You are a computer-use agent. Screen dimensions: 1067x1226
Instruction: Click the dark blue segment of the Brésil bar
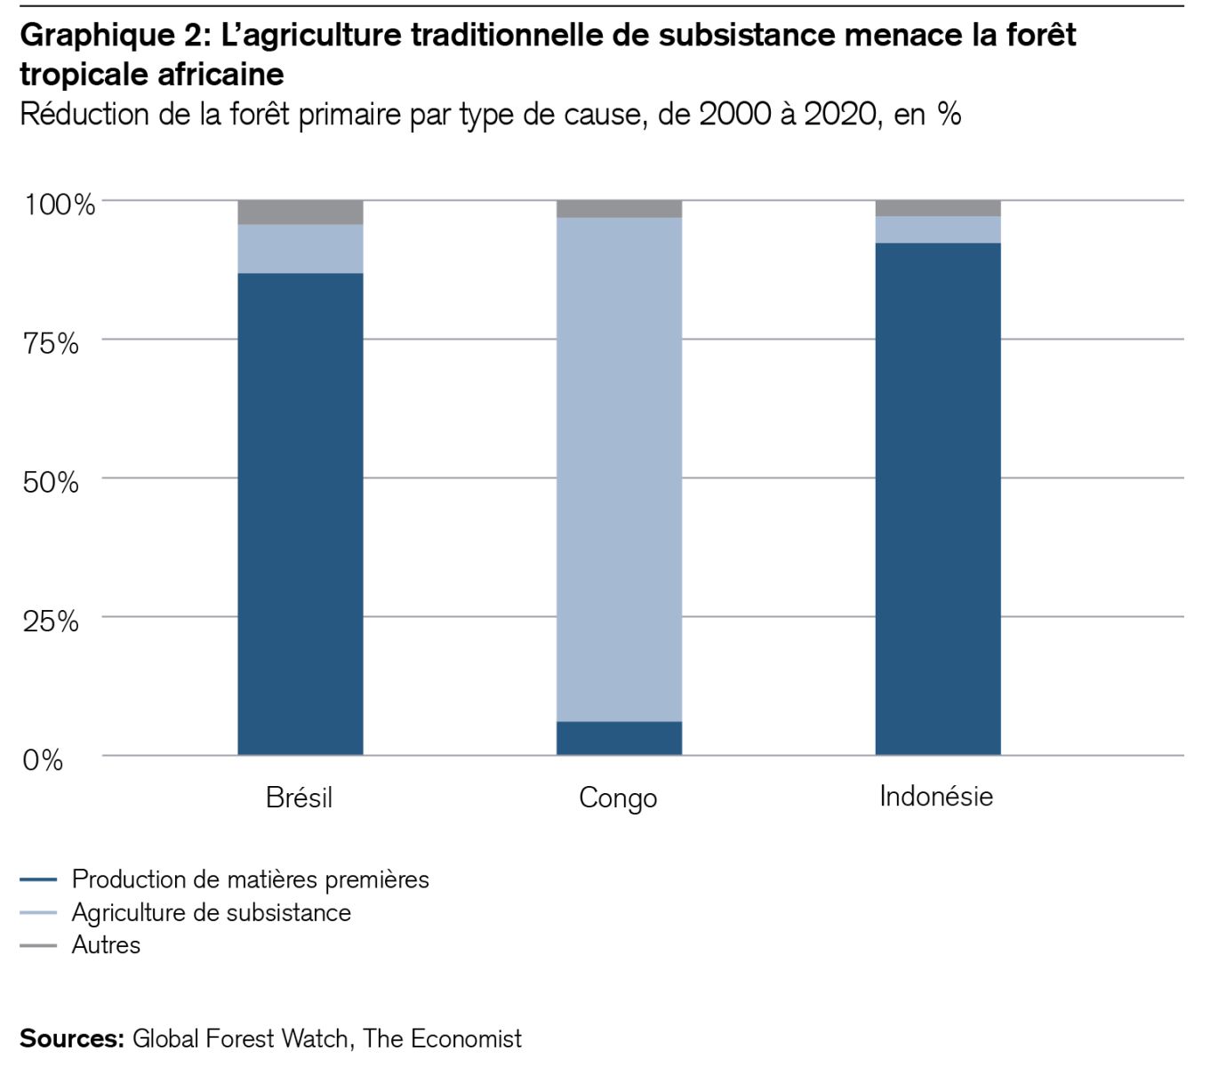[300, 514]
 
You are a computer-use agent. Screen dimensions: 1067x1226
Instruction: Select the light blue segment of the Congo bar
[619, 469]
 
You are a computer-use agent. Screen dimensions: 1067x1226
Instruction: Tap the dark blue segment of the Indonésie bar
[938, 499]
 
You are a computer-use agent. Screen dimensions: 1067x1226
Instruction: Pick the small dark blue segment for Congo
[619, 738]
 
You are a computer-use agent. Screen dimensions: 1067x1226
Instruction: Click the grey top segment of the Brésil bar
[300, 212]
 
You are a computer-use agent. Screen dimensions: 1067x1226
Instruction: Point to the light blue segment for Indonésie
[938, 229]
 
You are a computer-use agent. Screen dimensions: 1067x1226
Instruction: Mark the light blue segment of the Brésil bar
[300, 249]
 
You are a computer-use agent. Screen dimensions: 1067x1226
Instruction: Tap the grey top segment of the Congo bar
[619, 208]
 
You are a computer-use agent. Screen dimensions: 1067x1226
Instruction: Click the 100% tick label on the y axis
[59, 204]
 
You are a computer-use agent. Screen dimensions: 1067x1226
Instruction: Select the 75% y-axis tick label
[51, 343]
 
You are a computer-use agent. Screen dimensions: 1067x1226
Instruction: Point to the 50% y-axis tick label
[51, 482]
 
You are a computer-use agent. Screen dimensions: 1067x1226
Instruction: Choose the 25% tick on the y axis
[51, 621]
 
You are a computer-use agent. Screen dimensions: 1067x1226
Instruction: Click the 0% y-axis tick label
[43, 760]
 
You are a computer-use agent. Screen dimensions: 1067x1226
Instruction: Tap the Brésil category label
[299, 797]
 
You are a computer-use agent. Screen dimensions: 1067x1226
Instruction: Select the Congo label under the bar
[618, 798]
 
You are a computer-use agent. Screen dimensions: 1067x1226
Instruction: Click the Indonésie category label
[936, 796]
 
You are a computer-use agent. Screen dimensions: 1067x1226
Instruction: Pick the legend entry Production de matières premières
[250, 879]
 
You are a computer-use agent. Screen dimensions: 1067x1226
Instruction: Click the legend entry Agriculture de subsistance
[211, 912]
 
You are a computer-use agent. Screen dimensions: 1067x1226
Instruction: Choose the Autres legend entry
[106, 944]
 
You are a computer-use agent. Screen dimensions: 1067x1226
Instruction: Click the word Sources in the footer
[71, 1039]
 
